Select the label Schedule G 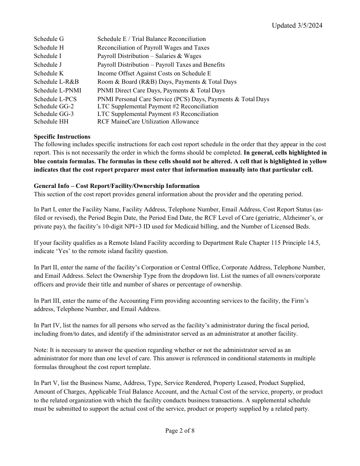coord(49,39)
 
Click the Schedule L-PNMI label coord(58,91)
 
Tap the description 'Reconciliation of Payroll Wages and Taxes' coord(153,48)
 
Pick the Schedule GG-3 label coord(54,114)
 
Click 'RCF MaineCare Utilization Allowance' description coord(148,122)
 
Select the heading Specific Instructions coord(62,137)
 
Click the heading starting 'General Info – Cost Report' coord(116,186)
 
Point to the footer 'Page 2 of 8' coord(180,430)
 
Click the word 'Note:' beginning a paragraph coord(41,350)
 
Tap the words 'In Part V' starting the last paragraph coord(46,383)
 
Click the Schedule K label coord(49,73)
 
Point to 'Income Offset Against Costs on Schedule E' coord(154,73)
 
